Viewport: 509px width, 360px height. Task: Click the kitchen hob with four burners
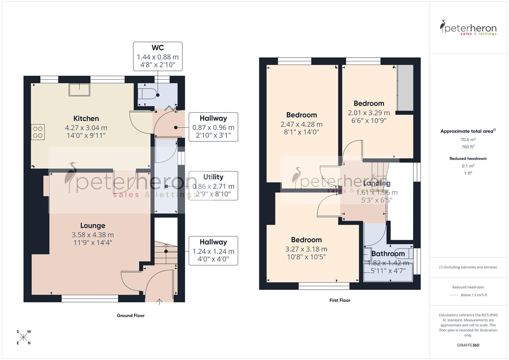tap(38, 132)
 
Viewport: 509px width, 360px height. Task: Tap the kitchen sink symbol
tap(79, 90)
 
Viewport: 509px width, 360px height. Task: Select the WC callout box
tap(158, 56)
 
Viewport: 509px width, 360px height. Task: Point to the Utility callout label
tap(213, 185)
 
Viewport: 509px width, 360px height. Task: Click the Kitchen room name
tap(86, 119)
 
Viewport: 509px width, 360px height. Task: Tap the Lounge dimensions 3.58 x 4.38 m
tap(93, 235)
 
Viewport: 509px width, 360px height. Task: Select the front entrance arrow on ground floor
tap(159, 302)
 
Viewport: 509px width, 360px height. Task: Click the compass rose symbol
tap(23, 337)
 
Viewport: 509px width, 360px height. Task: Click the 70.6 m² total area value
tap(468, 140)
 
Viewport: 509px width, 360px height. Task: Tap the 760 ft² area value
tap(468, 147)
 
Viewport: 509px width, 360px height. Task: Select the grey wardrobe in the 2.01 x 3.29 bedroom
tap(405, 88)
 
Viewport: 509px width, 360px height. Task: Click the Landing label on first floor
tap(377, 183)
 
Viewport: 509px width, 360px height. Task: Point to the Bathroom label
tap(388, 254)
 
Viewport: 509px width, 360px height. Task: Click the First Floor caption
tap(340, 300)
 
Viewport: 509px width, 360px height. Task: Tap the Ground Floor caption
tap(130, 316)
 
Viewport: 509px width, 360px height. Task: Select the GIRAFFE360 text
tap(468, 345)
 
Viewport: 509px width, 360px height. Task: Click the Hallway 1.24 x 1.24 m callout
tap(213, 251)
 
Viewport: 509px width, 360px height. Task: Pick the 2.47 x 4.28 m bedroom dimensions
tap(301, 124)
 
